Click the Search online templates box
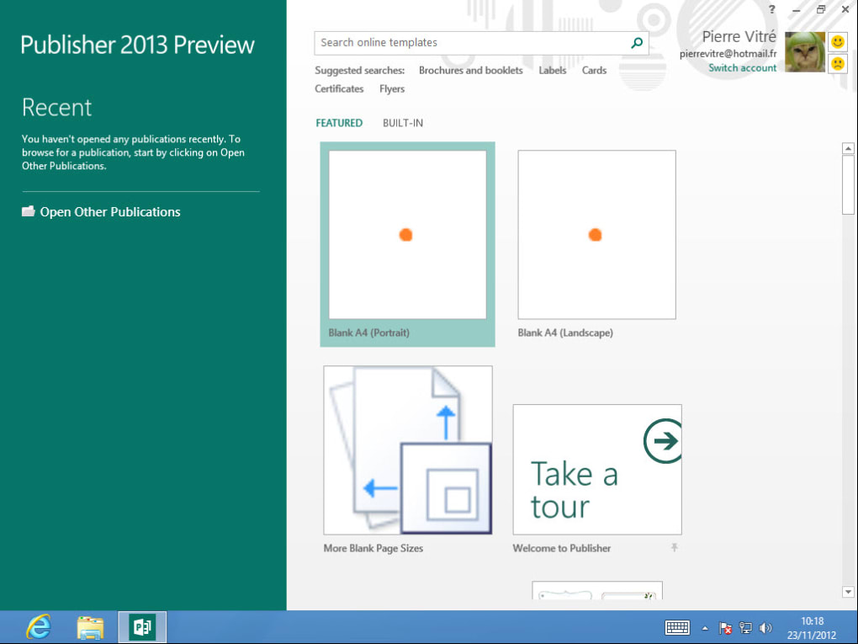(x=471, y=43)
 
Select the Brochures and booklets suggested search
(x=470, y=71)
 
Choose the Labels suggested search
(x=552, y=71)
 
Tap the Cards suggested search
(x=594, y=71)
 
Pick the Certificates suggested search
(x=339, y=89)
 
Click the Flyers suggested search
(x=392, y=89)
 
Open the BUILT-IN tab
(x=403, y=123)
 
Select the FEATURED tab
(x=339, y=123)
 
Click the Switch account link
(x=742, y=68)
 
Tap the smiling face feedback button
(x=838, y=42)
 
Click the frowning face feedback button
(x=838, y=63)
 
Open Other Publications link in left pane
(x=109, y=212)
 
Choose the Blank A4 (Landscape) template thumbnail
(x=596, y=235)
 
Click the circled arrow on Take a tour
(x=665, y=441)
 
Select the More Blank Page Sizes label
(x=373, y=548)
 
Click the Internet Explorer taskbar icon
(x=39, y=627)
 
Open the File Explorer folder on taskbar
(x=90, y=627)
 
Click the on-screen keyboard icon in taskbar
(x=677, y=627)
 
